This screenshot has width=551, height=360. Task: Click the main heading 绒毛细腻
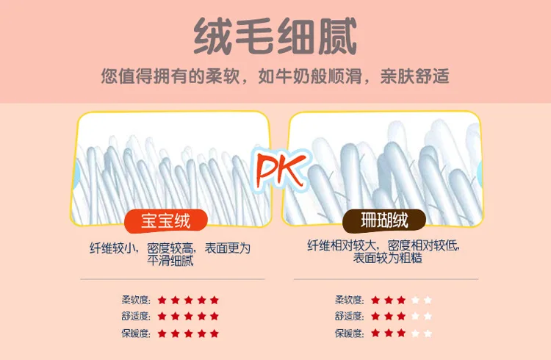[x=275, y=36]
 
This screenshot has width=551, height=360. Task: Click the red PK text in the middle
[x=280, y=170]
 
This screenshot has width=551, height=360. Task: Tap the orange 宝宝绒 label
[x=166, y=221]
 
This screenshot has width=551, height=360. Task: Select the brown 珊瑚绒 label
[x=384, y=221]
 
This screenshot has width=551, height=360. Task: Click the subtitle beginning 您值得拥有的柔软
[x=275, y=76]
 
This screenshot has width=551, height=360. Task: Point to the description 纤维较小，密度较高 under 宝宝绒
[x=170, y=254]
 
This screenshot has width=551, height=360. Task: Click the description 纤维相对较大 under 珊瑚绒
[x=383, y=251]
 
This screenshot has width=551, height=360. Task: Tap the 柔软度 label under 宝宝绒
[x=136, y=300]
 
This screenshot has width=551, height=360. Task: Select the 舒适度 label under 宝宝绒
[x=136, y=317]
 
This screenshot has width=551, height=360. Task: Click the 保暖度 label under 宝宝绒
[x=136, y=334]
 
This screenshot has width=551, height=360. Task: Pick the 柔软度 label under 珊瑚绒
[x=349, y=300]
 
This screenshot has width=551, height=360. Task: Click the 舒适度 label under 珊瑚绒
[x=349, y=317]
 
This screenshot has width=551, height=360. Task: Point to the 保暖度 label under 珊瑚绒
[x=349, y=334]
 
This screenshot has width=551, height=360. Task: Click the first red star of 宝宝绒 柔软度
[x=162, y=300]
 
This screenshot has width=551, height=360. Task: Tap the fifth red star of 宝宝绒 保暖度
[x=215, y=334]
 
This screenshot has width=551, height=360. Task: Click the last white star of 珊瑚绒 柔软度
[x=428, y=300]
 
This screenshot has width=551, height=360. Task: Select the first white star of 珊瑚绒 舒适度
[x=415, y=316]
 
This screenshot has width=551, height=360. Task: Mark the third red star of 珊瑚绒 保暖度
[x=401, y=333]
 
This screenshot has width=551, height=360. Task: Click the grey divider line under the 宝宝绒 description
[x=173, y=279]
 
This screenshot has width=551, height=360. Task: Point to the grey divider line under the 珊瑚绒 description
[x=386, y=279]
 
